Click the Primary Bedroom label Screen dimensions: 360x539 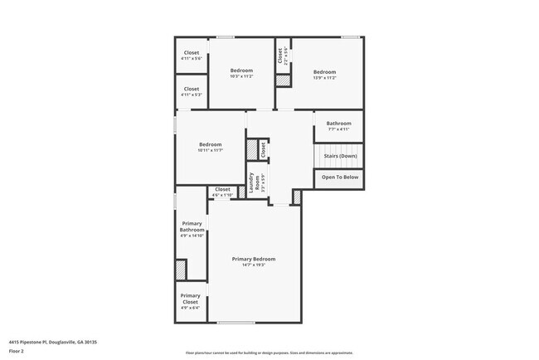click(x=253, y=259)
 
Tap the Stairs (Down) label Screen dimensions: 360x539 click(x=339, y=155)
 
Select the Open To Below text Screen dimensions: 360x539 click(x=339, y=177)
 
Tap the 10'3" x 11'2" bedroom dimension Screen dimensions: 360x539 click(x=241, y=76)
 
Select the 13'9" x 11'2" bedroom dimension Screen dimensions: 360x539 click(x=324, y=78)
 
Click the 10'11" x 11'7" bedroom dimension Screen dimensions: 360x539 click(x=211, y=150)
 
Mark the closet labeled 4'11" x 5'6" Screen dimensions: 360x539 click(x=191, y=59)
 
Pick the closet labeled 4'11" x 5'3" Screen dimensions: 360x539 click(x=191, y=95)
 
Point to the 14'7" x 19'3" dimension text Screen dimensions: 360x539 click(x=253, y=265)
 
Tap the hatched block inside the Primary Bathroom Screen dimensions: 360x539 click(x=180, y=270)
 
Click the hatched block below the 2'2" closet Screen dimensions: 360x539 click(x=283, y=81)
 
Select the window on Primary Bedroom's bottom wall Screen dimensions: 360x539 click(x=236, y=322)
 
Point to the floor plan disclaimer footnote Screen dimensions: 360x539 click(x=269, y=352)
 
